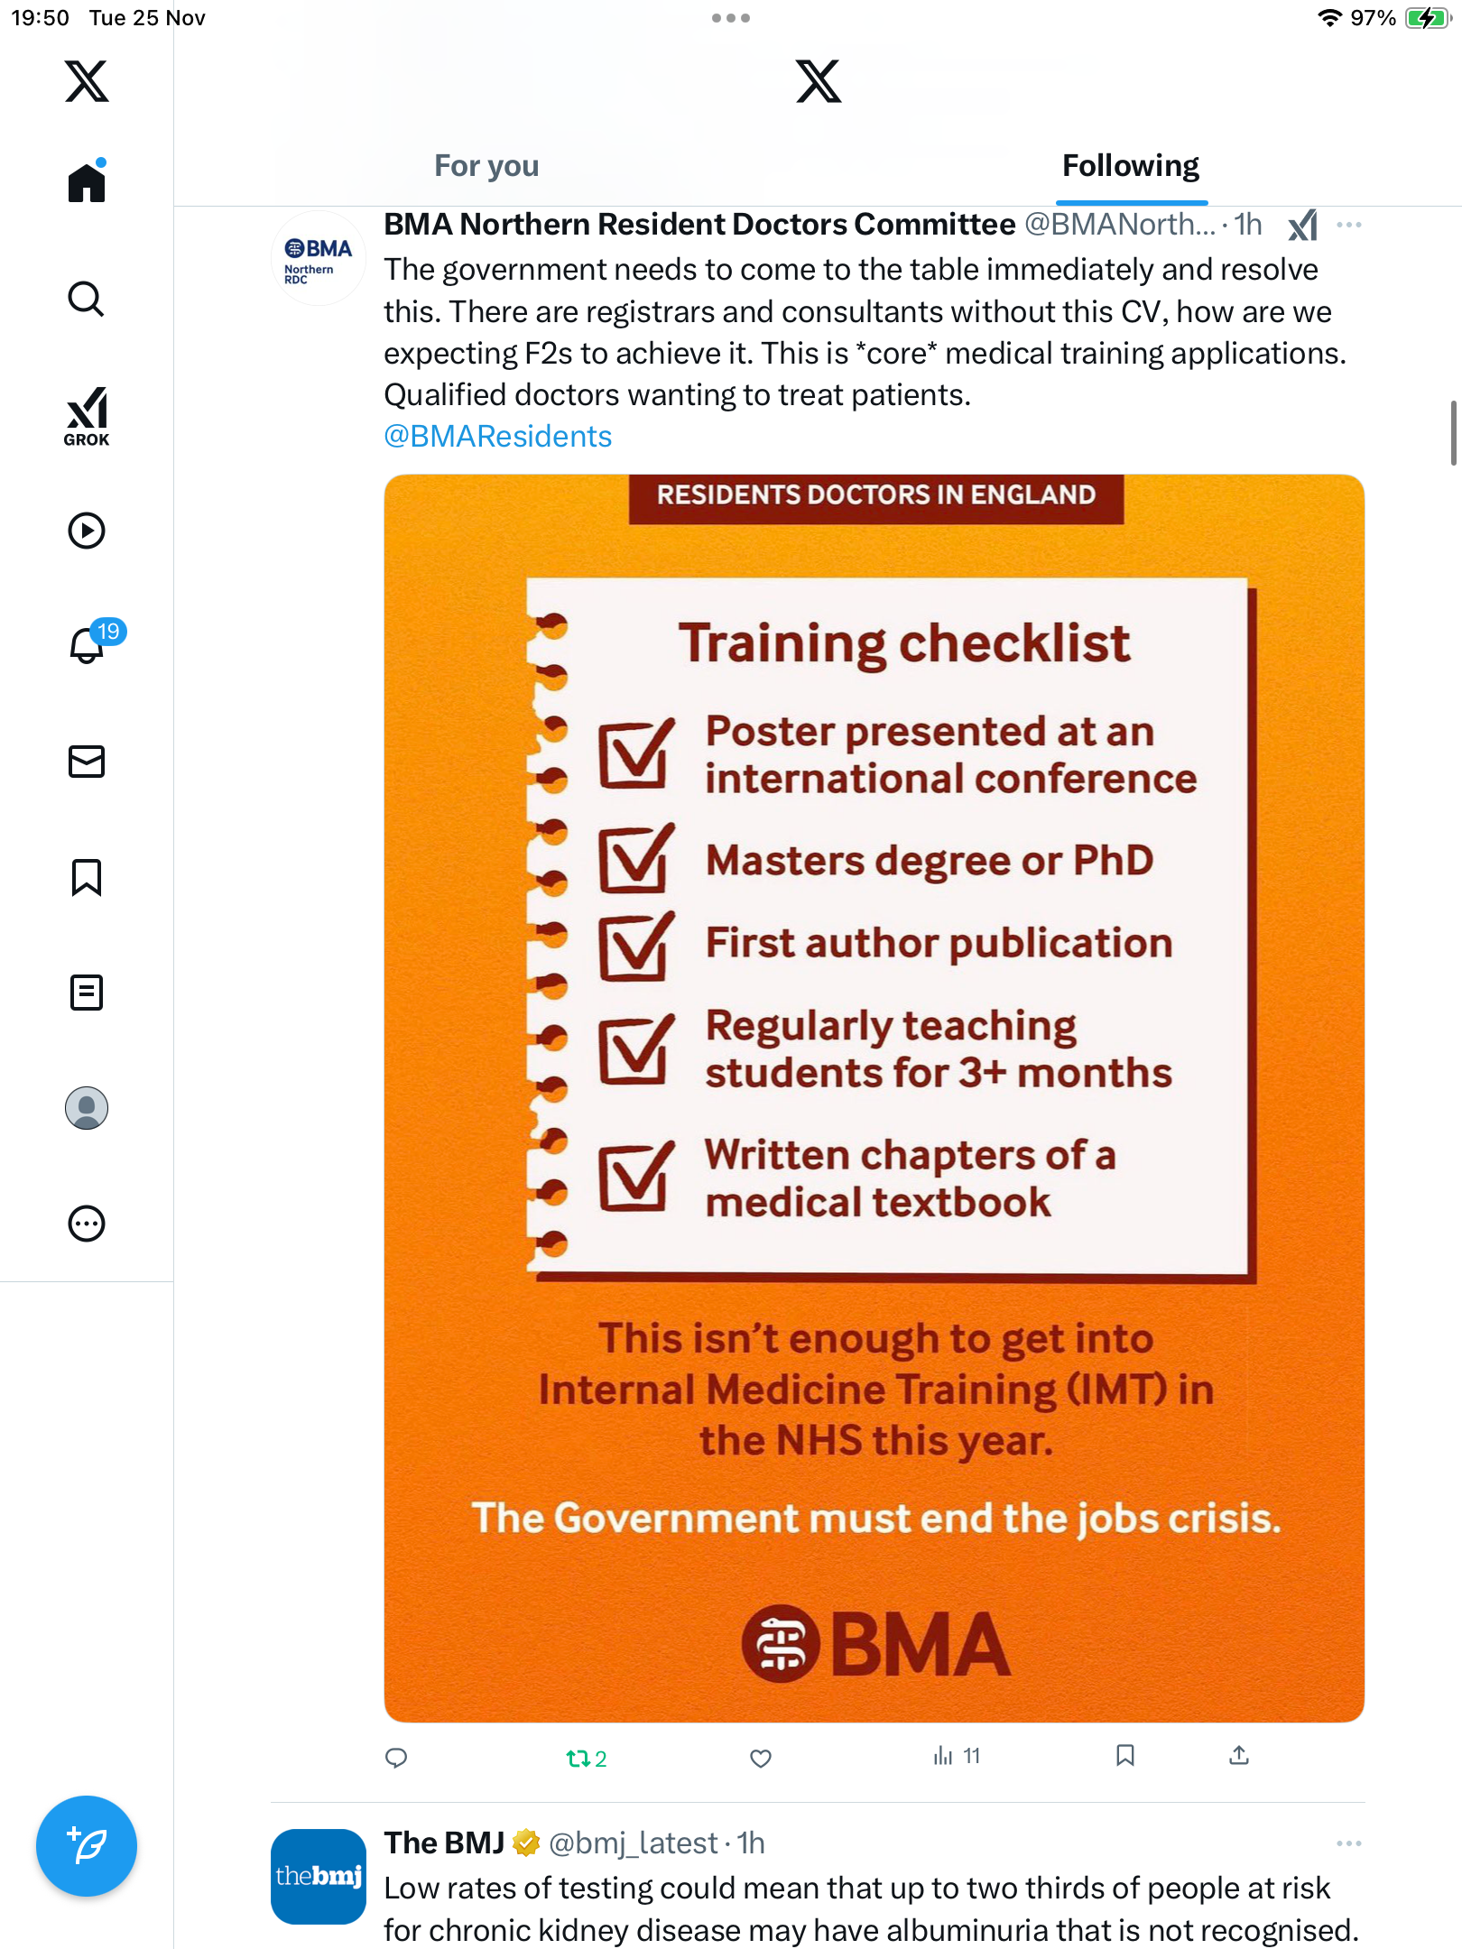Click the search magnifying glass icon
click(87, 299)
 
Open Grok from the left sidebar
click(87, 417)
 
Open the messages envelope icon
click(87, 762)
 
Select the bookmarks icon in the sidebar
click(87, 877)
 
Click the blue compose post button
click(87, 1846)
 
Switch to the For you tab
click(486, 166)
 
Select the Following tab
click(1131, 166)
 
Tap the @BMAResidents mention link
click(498, 437)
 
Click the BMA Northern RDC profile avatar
click(319, 259)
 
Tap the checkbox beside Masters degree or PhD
click(636, 858)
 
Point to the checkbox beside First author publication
click(636, 946)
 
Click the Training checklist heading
click(904, 644)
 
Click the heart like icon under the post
click(761, 1758)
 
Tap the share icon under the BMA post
click(1239, 1755)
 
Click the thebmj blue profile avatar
click(319, 1877)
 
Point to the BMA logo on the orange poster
click(875, 1644)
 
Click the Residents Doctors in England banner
click(876, 497)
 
